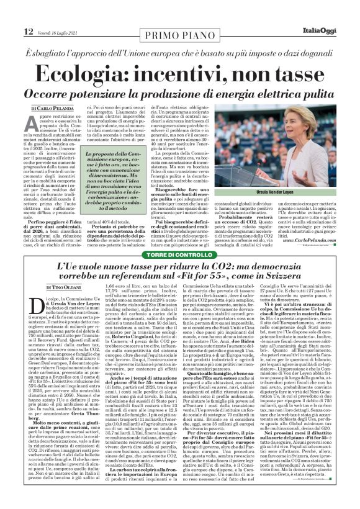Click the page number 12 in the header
coord(11,14)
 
